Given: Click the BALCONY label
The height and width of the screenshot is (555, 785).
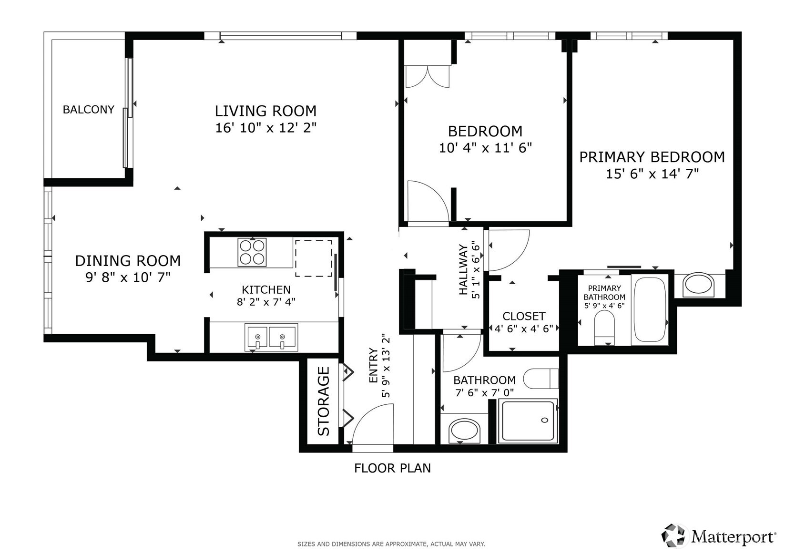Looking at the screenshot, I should [x=89, y=110].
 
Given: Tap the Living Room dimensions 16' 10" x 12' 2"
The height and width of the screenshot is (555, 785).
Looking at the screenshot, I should [x=265, y=128].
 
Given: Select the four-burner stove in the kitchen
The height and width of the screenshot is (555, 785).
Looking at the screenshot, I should [x=252, y=252].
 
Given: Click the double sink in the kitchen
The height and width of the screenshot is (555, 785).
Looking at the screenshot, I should [x=271, y=337].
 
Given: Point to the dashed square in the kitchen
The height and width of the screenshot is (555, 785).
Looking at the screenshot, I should [x=314, y=258].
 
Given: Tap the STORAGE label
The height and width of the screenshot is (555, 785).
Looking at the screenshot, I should [x=324, y=401].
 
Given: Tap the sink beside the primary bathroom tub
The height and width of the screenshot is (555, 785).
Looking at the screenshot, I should [x=698, y=285].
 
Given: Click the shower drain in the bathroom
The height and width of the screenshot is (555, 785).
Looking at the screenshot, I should [x=544, y=420].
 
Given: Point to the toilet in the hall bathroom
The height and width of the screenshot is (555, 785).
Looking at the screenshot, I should [x=540, y=379].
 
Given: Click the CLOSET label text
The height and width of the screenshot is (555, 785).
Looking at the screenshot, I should [x=524, y=316].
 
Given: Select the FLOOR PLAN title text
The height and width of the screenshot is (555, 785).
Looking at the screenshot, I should [x=392, y=468].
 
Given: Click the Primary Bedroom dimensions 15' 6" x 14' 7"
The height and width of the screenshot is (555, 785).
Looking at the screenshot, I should [x=652, y=174].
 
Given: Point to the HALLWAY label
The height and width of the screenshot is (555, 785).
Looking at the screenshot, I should [x=463, y=269].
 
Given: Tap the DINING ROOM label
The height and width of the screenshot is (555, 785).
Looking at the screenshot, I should [x=128, y=261].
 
